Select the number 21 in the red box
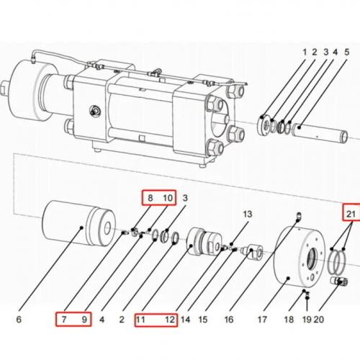click(351, 213)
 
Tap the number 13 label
click(248, 215)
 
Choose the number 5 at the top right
click(346, 53)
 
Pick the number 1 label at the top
click(305, 53)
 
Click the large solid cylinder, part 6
click(76, 230)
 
